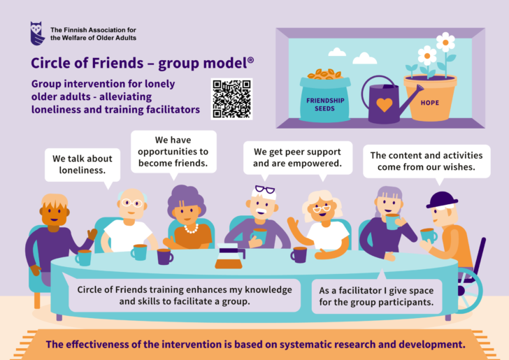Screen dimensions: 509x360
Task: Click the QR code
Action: (232, 99)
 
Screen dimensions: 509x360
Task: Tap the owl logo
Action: (37, 34)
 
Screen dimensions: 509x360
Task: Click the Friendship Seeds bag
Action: (324, 96)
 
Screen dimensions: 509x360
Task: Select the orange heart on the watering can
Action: (385, 105)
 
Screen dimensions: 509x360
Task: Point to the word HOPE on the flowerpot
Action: (430, 103)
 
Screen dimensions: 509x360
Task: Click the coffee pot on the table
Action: (229, 257)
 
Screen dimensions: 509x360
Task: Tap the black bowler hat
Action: (442, 200)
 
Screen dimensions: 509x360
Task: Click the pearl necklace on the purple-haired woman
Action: (192, 229)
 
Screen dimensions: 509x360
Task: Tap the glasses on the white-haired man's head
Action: (265, 189)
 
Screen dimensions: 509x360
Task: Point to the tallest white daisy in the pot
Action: (445, 42)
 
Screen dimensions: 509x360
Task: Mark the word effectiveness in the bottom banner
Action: (96, 344)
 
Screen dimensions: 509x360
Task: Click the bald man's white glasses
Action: (131, 203)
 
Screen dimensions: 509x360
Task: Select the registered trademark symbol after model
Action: (250, 60)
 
